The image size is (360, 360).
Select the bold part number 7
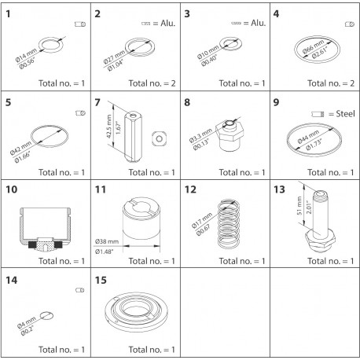97,102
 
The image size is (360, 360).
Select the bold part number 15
100,280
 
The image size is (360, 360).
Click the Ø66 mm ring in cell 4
319,51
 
